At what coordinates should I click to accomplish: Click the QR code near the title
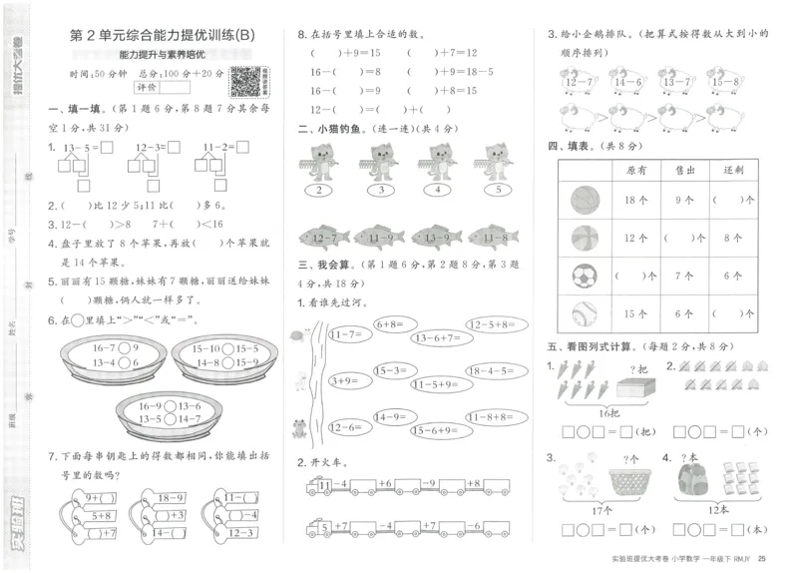click(243, 79)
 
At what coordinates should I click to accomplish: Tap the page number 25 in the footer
click(762, 558)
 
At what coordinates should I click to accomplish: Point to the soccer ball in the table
click(582, 277)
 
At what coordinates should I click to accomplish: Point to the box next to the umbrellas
click(630, 386)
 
